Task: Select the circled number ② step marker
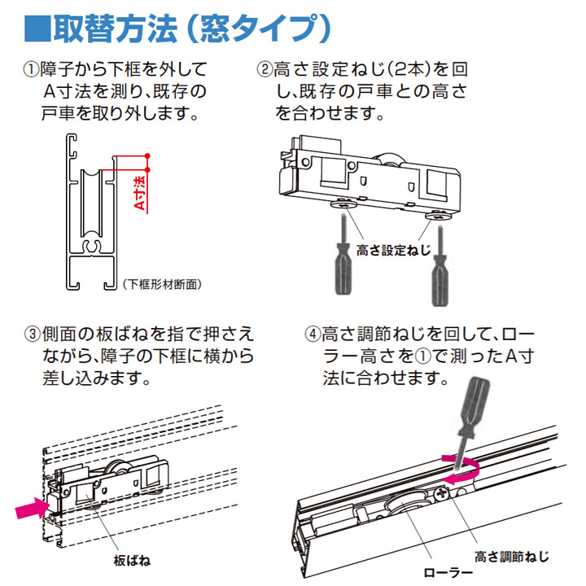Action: [x=264, y=68]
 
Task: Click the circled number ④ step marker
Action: [x=311, y=334]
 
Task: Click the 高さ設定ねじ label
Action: [x=392, y=251]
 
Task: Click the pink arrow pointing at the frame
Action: [x=31, y=510]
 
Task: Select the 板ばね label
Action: [x=132, y=561]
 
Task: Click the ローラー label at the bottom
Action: [x=447, y=572]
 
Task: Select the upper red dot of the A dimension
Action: [x=147, y=155]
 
